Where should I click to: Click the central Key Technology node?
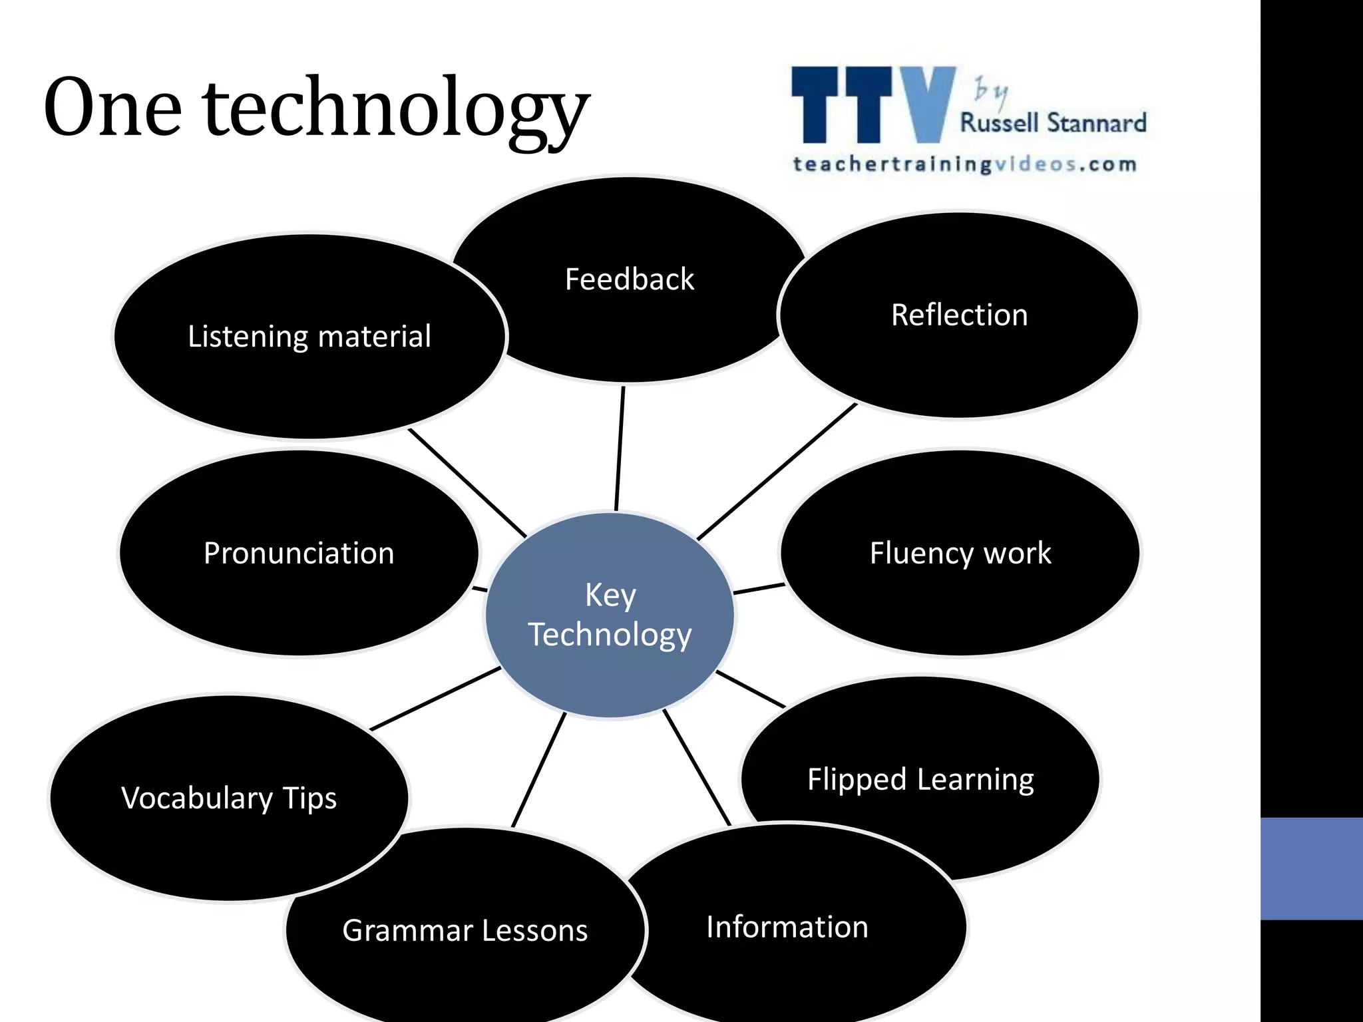point(610,615)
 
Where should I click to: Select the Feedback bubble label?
point(629,279)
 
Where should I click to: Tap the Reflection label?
point(959,315)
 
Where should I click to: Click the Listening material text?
point(309,337)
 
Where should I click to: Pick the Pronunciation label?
point(299,554)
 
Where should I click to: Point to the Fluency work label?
point(960,554)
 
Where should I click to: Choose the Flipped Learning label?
point(920,779)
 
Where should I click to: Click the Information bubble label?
point(787,927)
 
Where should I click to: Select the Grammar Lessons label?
point(465,930)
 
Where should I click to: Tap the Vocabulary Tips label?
point(229,798)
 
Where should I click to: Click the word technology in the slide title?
point(397,110)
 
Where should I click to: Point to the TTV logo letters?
point(873,105)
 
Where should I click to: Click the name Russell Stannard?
point(1053,123)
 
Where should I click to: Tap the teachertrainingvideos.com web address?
point(964,164)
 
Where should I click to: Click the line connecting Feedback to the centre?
point(620,448)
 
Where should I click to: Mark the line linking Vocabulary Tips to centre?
point(435,699)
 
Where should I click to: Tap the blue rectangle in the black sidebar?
point(1311,868)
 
